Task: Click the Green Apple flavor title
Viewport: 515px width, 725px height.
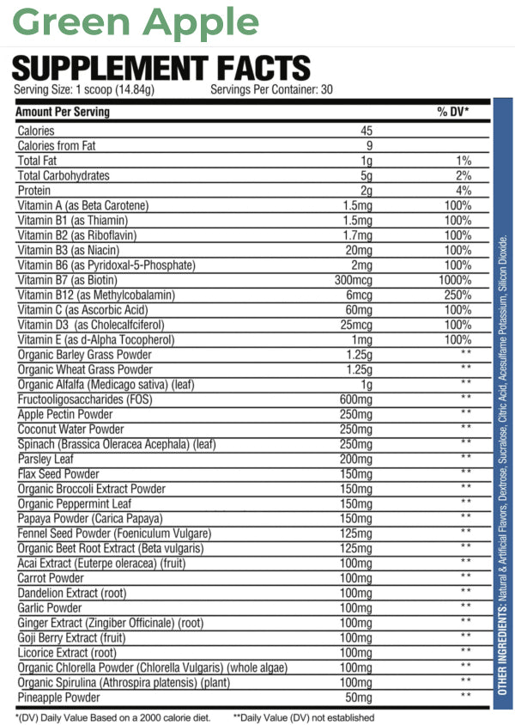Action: (136, 23)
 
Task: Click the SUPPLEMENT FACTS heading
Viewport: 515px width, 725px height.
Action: (161, 68)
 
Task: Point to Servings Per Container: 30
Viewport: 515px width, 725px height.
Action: (271, 89)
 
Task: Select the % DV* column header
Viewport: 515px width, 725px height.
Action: (452, 112)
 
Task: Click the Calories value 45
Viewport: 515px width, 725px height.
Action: (366, 131)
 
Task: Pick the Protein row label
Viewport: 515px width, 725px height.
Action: (34, 190)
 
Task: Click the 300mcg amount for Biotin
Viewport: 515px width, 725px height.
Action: (357, 280)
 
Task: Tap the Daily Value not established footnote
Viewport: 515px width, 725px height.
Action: (304, 717)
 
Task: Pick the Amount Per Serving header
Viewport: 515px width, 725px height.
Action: (64, 112)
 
